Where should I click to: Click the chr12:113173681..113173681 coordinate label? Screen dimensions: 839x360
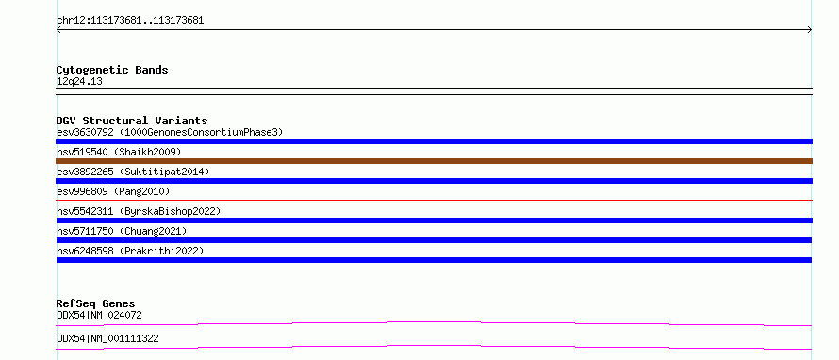(130, 21)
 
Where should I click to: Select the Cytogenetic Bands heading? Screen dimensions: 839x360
(112, 70)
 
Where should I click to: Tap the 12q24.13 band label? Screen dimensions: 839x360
(79, 82)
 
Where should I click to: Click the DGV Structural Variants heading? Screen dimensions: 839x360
(132, 121)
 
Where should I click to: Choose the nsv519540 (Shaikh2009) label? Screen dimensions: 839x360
(119, 152)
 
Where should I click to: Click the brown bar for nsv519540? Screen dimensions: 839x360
(434, 161)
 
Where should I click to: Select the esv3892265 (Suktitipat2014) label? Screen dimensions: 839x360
(133, 172)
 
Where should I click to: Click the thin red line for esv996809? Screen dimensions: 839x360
(434, 200)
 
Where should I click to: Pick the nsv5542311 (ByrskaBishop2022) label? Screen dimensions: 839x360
(139, 211)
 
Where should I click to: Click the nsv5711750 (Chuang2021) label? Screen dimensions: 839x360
(122, 231)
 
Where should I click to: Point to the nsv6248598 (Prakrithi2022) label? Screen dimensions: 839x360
(130, 251)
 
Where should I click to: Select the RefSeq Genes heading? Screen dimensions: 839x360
(96, 303)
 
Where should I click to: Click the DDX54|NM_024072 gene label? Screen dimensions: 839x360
(99, 315)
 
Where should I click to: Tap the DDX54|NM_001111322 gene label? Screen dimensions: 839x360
(107, 338)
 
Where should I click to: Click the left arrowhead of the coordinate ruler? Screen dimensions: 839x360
(58, 30)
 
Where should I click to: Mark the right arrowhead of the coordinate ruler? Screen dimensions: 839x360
(810, 30)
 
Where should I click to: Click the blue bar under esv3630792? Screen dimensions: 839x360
(434, 141)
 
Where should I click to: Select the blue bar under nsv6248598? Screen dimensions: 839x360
(434, 260)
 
